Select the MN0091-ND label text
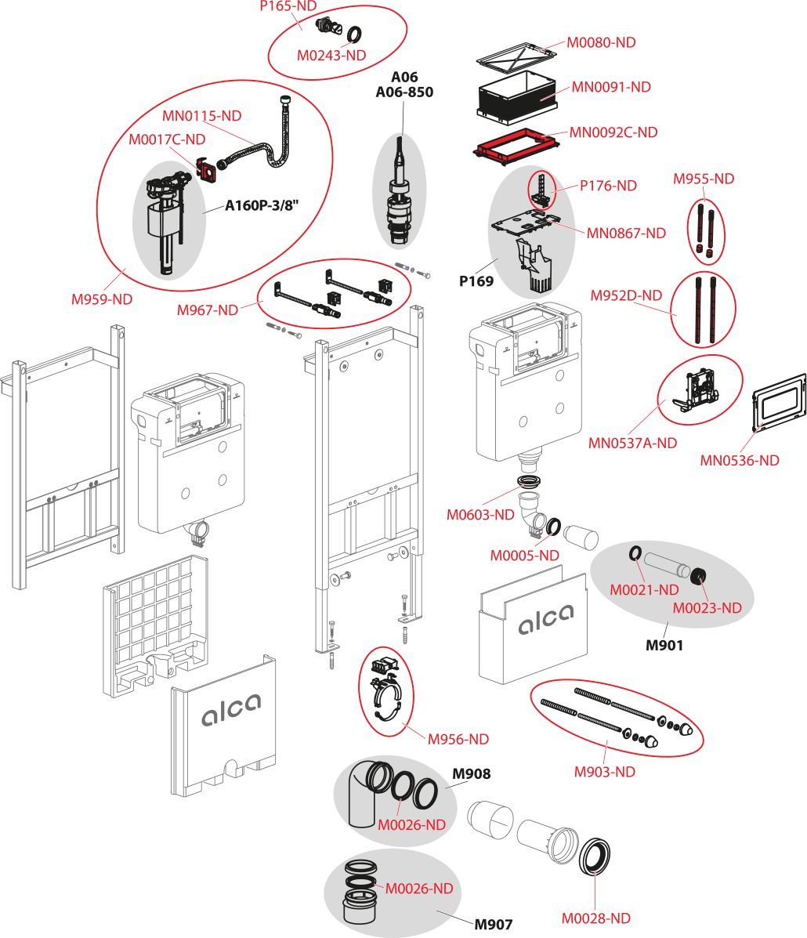[610, 87]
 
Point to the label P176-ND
[608, 186]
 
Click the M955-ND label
[704, 179]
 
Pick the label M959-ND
[102, 299]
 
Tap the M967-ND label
[207, 310]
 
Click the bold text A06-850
[404, 92]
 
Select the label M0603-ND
[480, 515]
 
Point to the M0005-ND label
[524, 555]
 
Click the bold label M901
[664, 646]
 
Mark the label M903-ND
[604, 772]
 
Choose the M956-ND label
[458, 739]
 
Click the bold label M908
[472, 774]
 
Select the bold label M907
[494, 923]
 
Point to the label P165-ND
[288, 5]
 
